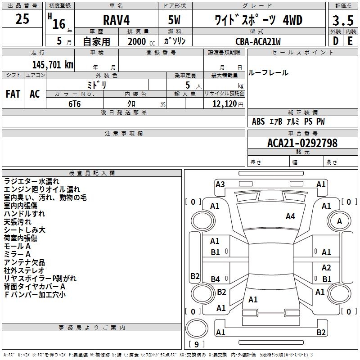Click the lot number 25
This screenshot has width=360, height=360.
22,19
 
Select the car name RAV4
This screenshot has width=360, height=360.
115,20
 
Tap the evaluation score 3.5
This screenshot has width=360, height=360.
342,21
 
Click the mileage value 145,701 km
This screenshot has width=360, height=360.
53,64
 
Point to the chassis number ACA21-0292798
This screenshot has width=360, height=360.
302,143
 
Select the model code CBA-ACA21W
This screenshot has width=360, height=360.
258,41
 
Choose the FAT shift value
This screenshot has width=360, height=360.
13,94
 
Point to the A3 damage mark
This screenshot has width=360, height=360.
220,184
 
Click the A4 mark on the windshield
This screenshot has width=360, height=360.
290,216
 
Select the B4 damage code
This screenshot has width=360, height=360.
216,279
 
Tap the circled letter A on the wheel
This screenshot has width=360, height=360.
339,221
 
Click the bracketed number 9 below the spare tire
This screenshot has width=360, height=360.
196,344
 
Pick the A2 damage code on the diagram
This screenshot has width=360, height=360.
326,268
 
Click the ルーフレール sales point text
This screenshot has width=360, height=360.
268,73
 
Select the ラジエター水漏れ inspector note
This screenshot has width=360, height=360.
31,181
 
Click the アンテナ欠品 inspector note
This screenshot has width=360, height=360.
24,262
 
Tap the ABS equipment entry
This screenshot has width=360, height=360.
258,121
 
